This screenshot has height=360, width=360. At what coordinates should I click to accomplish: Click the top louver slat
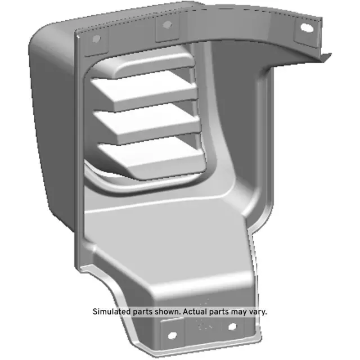[143, 93]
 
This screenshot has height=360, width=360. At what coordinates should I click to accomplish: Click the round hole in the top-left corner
[96, 39]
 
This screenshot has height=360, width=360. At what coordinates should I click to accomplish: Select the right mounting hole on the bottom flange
[232, 326]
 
